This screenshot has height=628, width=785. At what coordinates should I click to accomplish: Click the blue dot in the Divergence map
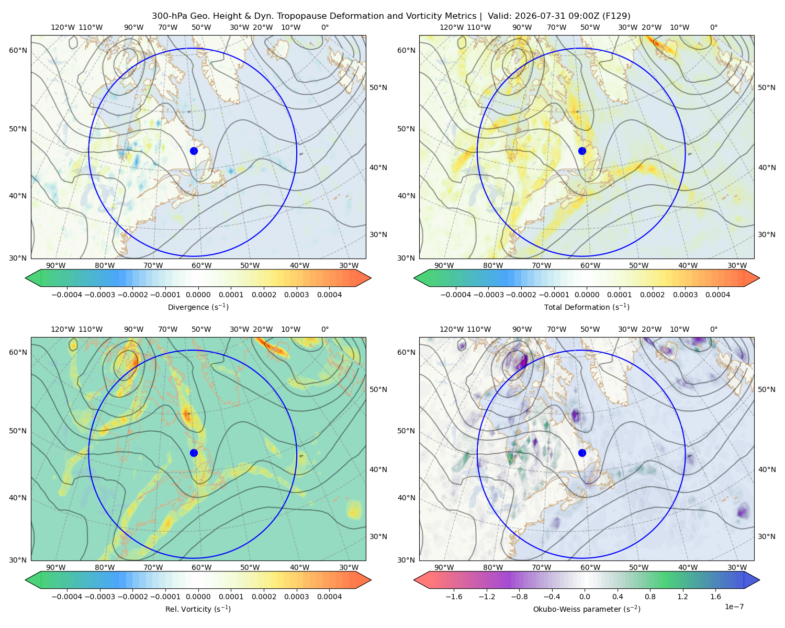click(194, 151)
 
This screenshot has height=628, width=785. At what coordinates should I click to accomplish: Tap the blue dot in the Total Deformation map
click(582, 151)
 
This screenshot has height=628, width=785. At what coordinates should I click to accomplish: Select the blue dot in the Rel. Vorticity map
click(194, 453)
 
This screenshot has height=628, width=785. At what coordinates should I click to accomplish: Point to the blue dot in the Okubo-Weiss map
click(582, 453)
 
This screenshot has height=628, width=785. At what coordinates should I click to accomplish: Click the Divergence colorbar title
click(198, 307)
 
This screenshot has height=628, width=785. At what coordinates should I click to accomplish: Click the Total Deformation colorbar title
click(587, 307)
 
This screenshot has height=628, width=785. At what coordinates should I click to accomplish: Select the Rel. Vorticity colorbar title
click(198, 609)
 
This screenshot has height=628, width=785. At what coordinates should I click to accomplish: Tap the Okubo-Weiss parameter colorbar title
click(587, 609)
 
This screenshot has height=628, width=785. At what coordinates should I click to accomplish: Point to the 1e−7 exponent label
click(734, 607)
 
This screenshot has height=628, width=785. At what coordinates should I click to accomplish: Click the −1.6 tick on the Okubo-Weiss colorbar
click(454, 597)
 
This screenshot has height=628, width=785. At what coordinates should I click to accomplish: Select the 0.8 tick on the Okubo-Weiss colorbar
click(650, 597)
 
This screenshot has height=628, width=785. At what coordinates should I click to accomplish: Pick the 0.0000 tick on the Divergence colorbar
click(198, 295)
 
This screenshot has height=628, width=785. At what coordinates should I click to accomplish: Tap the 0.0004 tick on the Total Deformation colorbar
click(717, 295)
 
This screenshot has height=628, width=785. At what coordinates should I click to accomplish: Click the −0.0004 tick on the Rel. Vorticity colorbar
click(67, 597)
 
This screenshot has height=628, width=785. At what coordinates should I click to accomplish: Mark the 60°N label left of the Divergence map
click(18, 50)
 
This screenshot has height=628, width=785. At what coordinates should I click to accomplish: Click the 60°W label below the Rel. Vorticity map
click(201, 567)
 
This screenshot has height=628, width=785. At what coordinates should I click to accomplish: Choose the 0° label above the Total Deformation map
click(713, 27)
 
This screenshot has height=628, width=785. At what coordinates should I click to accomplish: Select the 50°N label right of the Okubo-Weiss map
click(766, 389)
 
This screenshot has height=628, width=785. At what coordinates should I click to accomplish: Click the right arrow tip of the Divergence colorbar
click(371, 278)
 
